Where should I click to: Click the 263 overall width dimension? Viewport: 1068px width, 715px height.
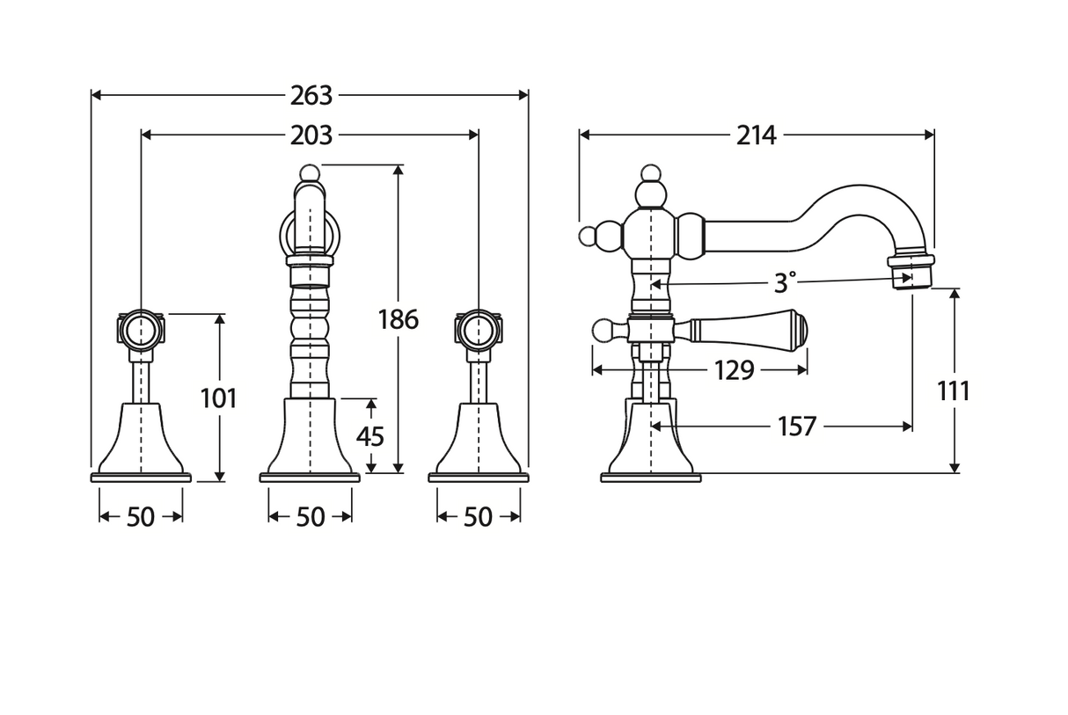pyautogui.click(x=311, y=94)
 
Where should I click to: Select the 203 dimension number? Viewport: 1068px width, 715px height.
pyautogui.click(x=311, y=135)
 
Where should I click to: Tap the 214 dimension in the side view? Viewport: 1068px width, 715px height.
pyautogui.click(x=756, y=135)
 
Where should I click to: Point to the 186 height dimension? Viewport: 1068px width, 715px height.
pyautogui.click(x=399, y=318)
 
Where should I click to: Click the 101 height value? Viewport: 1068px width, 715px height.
pyautogui.click(x=219, y=398)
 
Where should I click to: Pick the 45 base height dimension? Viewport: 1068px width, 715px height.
pyautogui.click(x=370, y=435)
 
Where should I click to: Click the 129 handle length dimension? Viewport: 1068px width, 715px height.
pyautogui.click(x=735, y=370)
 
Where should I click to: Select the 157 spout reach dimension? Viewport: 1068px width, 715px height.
pyautogui.click(x=796, y=427)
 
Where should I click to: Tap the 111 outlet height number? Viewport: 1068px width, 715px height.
pyautogui.click(x=953, y=390)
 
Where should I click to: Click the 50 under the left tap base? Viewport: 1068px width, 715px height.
pyautogui.click(x=141, y=517)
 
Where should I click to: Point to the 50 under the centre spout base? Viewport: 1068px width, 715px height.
pyautogui.click(x=310, y=517)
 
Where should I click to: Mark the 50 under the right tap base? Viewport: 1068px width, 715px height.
pyautogui.click(x=478, y=517)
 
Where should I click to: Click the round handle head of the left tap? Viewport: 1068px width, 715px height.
pyautogui.click(x=141, y=331)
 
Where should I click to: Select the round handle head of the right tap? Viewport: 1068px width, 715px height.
pyautogui.click(x=479, y=331)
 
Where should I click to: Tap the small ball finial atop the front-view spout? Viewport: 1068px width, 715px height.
pyautogui.click(x=309, y=171)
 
